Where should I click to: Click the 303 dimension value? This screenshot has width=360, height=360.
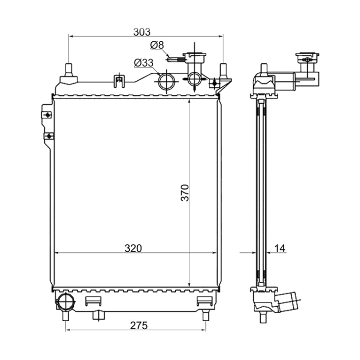[142, 32]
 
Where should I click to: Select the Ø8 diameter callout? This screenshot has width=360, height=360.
[157, 45]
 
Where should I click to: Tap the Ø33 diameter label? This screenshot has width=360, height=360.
[144, 63]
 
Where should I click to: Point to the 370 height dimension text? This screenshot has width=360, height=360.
[185, 193]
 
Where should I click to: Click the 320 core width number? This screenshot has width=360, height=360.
[133, 248]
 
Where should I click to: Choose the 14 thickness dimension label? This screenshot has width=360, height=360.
[280, 248]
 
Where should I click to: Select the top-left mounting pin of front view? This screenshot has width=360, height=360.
[68, 70]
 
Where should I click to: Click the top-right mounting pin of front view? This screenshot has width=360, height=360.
[223, 70]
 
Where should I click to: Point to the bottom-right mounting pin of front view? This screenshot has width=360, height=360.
[205, 315]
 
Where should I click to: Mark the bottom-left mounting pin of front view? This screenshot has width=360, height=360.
[66, 315]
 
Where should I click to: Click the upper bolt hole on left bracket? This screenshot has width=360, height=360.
[48, 115]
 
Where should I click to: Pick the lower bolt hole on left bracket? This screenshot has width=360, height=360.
[49, 136]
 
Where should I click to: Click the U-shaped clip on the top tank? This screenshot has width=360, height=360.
[119, 81]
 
